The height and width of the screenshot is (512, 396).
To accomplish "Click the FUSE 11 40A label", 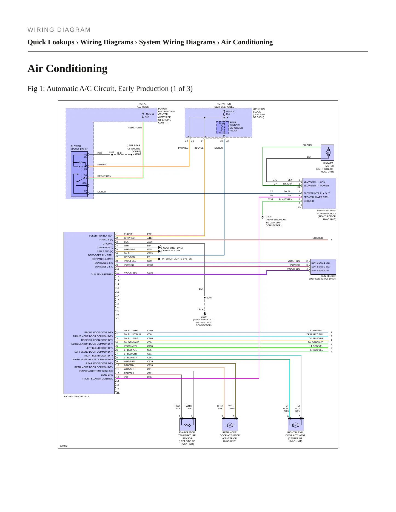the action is (149, 115).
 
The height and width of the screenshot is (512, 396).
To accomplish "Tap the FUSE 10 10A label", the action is (230, 113).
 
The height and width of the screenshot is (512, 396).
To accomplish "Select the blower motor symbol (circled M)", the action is (328, 153).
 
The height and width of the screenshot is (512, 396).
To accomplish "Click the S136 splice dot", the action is (112, 155).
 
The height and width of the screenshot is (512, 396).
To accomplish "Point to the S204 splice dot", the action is (205, 298).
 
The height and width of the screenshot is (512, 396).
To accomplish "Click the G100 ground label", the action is (138, 154).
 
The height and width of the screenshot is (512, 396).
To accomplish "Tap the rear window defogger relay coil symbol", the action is (223, 128).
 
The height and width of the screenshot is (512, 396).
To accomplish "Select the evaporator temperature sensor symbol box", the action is (187, 424).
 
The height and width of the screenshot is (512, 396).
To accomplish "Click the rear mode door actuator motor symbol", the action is (230, 425).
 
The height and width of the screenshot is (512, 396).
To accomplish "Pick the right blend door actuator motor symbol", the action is (295, 425).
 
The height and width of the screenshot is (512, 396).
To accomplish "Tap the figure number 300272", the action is (64, 446).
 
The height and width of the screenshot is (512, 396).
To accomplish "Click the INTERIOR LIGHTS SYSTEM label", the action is (177, 259).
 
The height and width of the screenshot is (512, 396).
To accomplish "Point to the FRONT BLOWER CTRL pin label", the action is (316, 197).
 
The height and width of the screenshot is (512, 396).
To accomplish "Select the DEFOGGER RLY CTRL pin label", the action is (101, 255).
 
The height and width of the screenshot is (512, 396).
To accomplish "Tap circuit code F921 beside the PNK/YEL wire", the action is (150, 234).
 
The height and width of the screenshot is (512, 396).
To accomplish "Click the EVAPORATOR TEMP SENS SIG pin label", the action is (96, 371).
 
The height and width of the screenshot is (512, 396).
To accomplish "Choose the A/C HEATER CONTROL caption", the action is (77, 396).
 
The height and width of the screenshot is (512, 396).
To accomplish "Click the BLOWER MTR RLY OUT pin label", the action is (317, 193).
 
